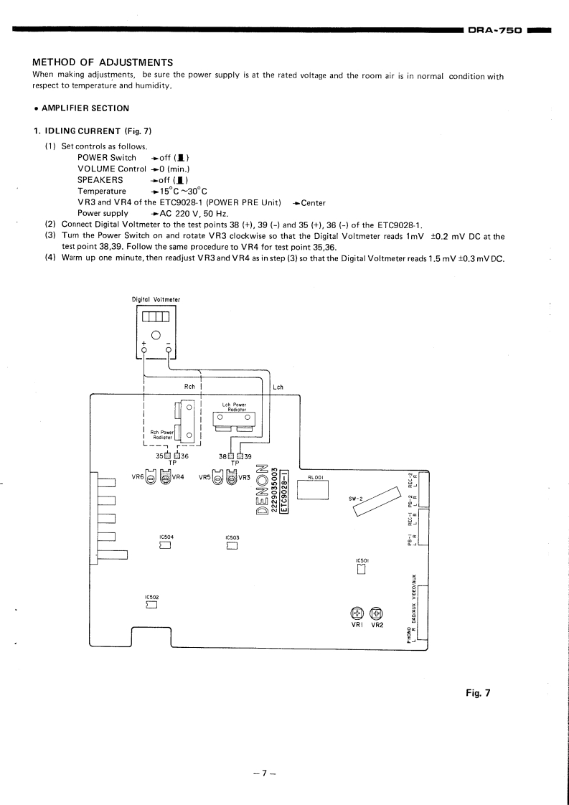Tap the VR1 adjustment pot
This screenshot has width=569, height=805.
pos(357,613)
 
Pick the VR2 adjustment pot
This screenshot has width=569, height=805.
pos(377,613)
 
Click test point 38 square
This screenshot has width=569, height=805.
pos(231,455)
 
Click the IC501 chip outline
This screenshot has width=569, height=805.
pos(362,570)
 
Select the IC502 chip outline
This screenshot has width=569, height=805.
pos(151,605)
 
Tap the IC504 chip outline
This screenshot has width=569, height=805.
pos(165,545)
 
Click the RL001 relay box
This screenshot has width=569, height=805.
pos(316,489)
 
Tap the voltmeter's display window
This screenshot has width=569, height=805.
pos(155,316)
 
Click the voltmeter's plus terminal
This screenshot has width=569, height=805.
pos(144,350)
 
